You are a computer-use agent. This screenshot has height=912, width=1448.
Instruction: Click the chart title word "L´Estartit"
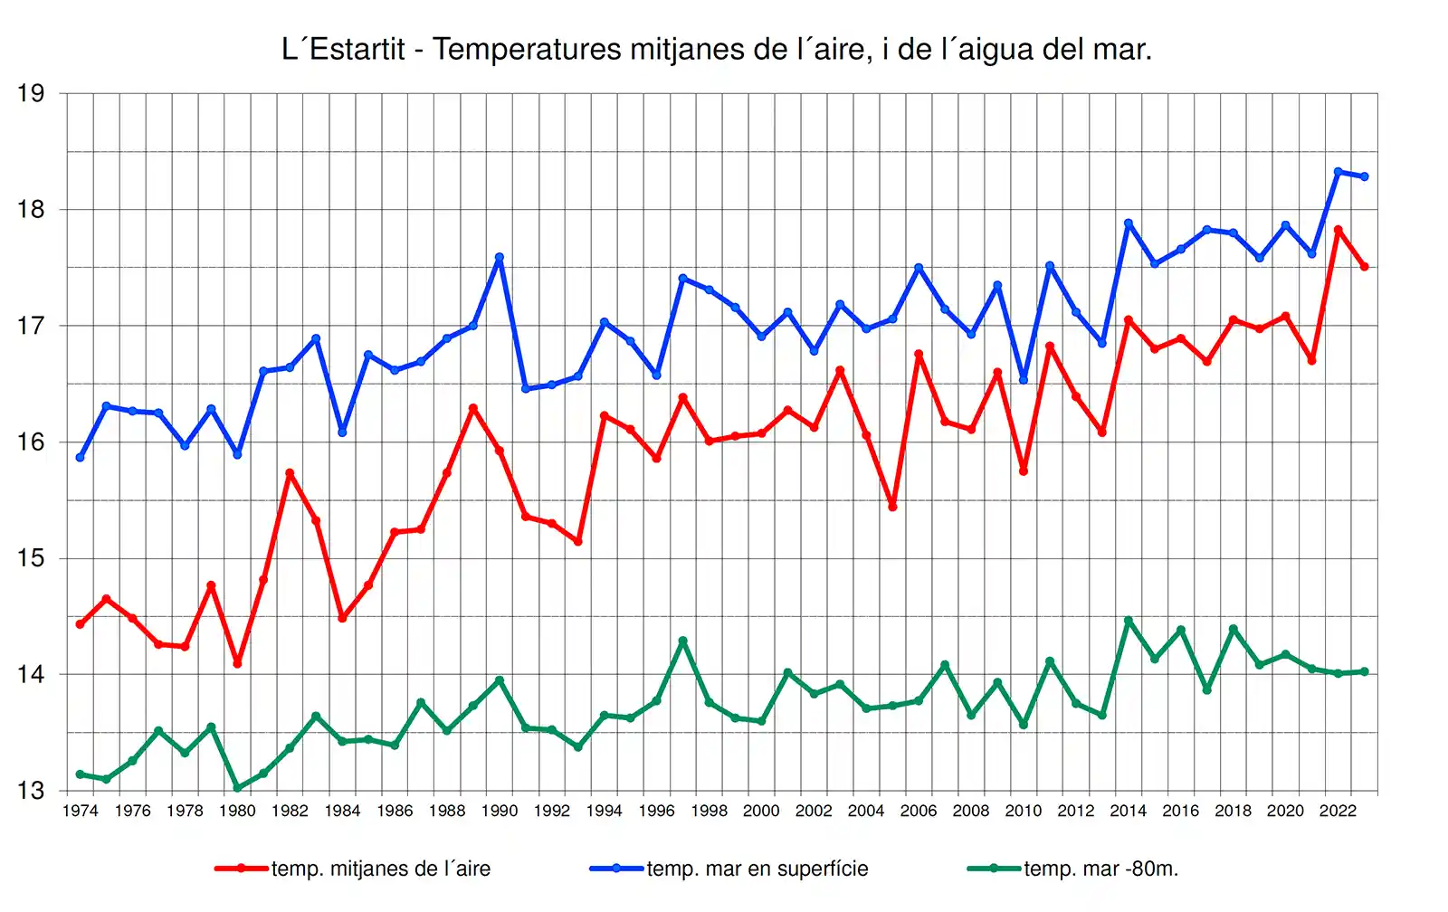click(x=343, y=50)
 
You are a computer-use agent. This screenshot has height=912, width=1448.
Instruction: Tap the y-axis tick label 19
click(x=31, y=93)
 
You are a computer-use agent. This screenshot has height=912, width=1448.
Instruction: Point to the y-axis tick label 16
click(x=31, y=442)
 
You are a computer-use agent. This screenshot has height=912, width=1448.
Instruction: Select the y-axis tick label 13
click(x=31, y=791)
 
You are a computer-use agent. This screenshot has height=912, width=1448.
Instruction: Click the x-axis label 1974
click(x=80, y=811)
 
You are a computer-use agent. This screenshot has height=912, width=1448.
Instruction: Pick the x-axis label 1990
click(x=500, y=811)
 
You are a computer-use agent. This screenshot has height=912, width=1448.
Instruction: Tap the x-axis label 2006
click(x=919, y=811)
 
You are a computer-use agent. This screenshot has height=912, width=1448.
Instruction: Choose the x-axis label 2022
click(x=1338, y=811)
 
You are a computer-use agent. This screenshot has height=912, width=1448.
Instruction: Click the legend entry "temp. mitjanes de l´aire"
click(x=380, y=869)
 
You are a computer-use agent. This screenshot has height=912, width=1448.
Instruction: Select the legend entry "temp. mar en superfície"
click(x=757, y=869)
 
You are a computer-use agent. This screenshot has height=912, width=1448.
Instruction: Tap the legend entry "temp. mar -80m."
click(x=1100, y=869)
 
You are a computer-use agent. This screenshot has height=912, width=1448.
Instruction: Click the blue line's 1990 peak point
click(x=500, y=257)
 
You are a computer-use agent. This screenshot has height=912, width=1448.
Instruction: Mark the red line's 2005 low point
click(x=892, y=507)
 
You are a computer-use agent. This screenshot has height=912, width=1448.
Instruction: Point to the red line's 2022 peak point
click(x=1338, y=230)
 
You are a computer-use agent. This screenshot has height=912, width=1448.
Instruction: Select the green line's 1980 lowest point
click(x=237, y=788)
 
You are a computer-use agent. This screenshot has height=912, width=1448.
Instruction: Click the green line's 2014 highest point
click(x=1129, y=621)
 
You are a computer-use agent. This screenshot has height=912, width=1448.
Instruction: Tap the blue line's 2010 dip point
click(x=1024, y=379)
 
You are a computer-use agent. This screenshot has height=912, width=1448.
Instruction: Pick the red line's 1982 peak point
click(x=290, y=473)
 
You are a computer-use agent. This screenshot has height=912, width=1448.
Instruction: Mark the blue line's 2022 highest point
click(x=1338, y=172)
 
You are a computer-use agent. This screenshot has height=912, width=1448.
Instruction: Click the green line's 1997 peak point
click(x=683, y=641)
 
